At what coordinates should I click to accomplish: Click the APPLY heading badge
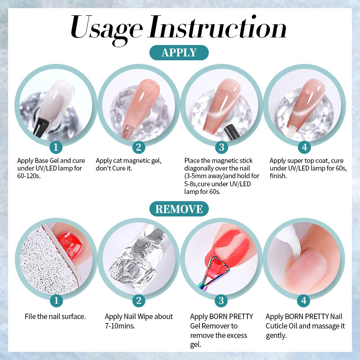179,53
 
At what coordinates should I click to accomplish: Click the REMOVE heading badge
179,209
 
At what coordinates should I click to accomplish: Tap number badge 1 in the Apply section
56,147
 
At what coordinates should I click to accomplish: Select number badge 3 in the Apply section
221,147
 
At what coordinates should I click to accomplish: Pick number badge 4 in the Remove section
304,301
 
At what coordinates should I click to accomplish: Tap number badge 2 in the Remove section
139,301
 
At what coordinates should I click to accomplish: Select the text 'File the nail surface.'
55,317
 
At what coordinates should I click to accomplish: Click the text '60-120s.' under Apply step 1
29,176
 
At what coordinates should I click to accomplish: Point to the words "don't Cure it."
114,168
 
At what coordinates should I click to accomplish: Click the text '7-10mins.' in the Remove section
120,326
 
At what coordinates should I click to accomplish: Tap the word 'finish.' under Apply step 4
278,176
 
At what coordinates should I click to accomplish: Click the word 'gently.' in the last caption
276,336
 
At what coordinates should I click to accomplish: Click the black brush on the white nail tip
40,128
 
